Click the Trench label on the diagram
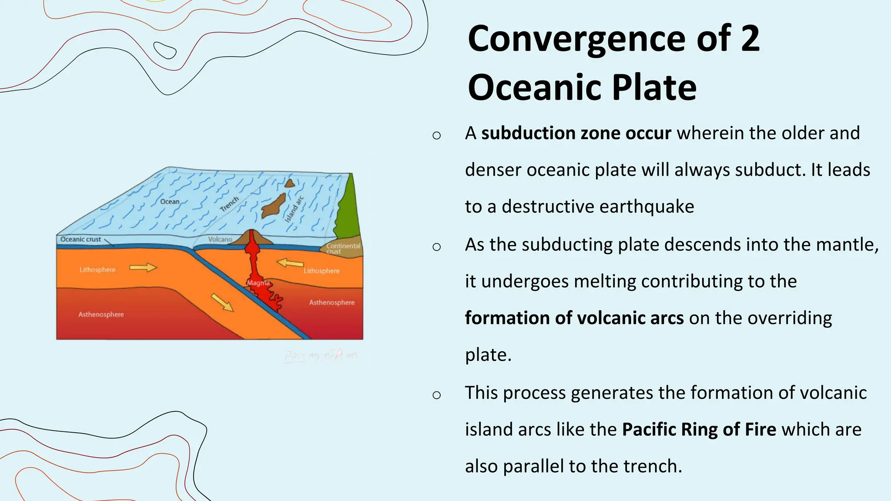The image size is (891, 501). click(x=229, y=204)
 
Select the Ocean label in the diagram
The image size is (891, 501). click(x=170, y=201)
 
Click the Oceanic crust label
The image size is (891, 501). click(x=80, y=239)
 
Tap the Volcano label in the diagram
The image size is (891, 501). click(x=220, y=239)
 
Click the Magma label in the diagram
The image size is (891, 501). click(x=258, y=283)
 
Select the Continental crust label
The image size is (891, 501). click(x=343, y=248)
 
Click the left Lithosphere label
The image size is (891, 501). click(x=97, y=270)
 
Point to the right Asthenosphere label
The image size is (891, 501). click(x=332, y=302)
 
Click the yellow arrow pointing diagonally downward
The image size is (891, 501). click(x=222, y=302)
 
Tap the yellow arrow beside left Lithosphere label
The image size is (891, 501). click(x=143, y=267)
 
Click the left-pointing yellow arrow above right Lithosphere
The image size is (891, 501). click(x=290, y=263)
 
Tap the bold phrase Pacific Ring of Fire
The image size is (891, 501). click(x=699, y=429)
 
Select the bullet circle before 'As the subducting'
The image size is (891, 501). click(x=436, y=247)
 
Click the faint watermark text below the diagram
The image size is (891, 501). click(x=321, y=355)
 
